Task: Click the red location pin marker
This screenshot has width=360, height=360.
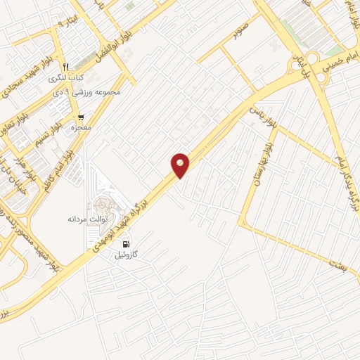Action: [x=181, y=165]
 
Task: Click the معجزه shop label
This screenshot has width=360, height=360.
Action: [x=82, y=128]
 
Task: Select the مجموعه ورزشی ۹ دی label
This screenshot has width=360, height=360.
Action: [x=93, y=92]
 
